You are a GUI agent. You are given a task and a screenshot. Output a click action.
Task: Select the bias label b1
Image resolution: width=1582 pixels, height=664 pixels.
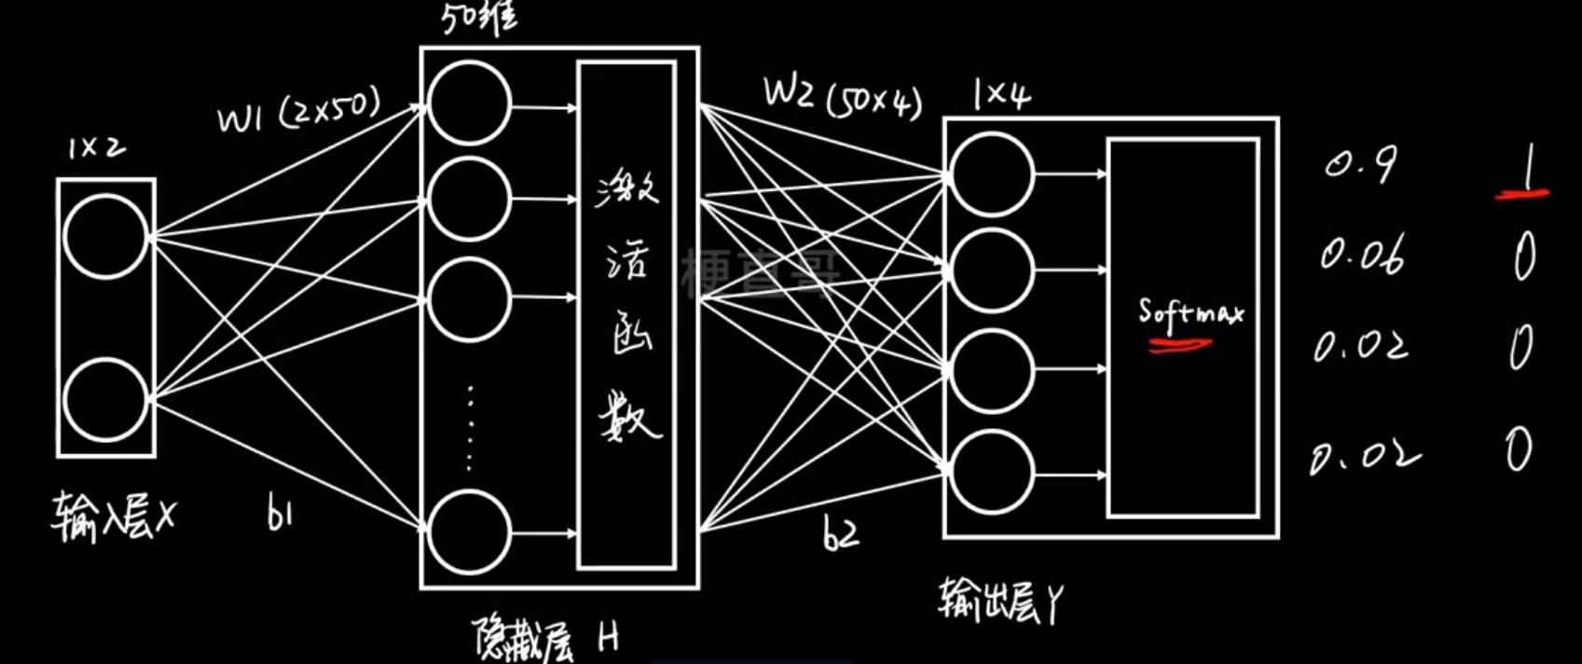coord(279,514)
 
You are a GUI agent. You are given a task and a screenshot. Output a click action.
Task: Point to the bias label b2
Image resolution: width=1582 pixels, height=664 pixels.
coord(841,533)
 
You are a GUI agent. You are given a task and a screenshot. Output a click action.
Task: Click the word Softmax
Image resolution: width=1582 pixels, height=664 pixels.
coord(1190,312)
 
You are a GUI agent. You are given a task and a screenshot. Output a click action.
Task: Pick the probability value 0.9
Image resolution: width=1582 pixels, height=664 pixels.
coord(1361,166)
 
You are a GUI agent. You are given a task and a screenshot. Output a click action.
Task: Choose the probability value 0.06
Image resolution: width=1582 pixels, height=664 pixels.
coord(1362,256)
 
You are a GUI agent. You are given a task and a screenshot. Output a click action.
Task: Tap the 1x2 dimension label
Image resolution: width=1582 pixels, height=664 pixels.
coord(96,148)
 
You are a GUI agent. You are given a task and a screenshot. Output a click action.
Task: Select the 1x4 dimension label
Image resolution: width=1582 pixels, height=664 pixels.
coord(1001,96)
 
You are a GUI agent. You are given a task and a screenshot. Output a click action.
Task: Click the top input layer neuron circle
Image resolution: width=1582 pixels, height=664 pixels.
coord(105,237)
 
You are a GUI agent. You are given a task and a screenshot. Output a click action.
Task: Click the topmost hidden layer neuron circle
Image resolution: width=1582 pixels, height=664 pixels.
coord(469,104)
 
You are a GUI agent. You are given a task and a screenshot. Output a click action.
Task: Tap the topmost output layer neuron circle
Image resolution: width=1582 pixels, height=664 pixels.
coord(992,174)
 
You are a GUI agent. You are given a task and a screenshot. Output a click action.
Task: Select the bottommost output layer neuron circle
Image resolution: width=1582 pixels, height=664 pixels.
coord(992,473)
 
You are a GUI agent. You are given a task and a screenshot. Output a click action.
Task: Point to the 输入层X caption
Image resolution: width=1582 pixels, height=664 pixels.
coord(112,519)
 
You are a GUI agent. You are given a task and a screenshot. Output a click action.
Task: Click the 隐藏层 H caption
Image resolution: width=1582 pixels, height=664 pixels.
coord(545,639)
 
